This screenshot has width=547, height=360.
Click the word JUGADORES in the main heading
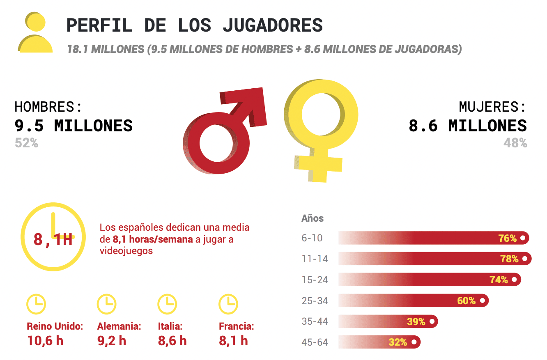click(273, 25)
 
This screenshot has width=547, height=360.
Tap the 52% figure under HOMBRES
click(26, 143)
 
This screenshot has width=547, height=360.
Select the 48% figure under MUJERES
click(515, 143)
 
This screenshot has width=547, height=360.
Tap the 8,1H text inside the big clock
click(53, 239)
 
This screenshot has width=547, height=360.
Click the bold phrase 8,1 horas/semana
click(152, 239)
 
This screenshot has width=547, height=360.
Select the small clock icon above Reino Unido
click(36, 304)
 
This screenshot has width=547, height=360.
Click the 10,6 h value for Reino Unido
click(45, 340)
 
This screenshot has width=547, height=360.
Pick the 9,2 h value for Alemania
click(112, 340)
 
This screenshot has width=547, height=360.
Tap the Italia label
click(170, 327)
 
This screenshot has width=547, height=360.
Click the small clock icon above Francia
click(228, 304)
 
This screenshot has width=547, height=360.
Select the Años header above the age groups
click(313, 218)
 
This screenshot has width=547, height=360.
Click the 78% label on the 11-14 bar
click(509, 259)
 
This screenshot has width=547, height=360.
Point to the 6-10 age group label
click(312, 238)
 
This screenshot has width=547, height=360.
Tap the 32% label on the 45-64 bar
click(398, 342)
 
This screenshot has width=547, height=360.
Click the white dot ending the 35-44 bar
click(432, 321)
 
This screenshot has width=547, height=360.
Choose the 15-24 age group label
click(315, 280)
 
